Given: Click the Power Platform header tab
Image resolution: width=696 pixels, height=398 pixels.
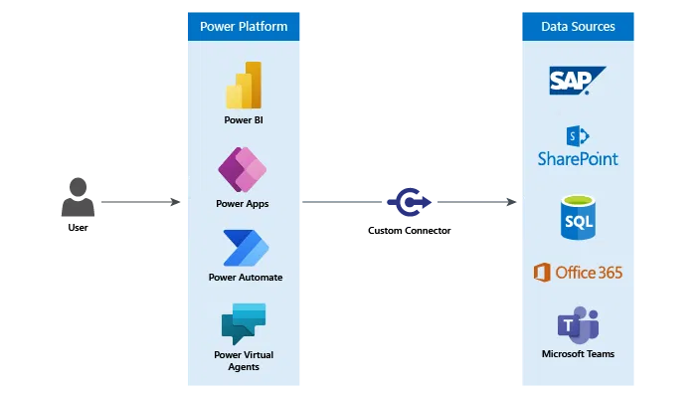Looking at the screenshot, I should click(x=244, y=27).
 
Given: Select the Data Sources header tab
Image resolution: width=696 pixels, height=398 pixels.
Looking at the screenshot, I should click(x=578, y=27).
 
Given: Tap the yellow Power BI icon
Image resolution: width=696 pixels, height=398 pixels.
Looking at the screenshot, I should click(x=244, y=86).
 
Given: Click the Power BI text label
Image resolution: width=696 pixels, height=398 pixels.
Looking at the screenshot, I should click(x=244, y=120).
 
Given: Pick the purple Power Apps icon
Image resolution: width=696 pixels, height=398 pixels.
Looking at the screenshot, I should click(x=243, y=170).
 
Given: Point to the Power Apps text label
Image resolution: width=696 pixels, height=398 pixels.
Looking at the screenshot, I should click(x=243, y=204).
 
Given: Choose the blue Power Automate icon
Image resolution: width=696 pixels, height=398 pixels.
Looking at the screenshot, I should click(x=245, y=248).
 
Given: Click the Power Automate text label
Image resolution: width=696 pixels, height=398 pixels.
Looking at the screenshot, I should click(x=245, y=278).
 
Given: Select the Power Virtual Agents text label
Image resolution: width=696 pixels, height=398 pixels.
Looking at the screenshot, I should click(x=244, y=360).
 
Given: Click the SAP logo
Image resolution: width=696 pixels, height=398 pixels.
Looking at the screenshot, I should click(x=578, y=81).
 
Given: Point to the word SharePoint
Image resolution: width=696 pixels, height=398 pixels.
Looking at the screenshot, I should click(x=578, y=159).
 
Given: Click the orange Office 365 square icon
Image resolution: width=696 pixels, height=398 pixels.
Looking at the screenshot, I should click(x=543, y=273).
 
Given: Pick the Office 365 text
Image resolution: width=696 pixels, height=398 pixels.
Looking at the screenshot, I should click(x=590, y=273).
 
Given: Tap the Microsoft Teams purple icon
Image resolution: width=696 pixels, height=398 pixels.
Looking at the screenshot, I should click(x=578, y=325).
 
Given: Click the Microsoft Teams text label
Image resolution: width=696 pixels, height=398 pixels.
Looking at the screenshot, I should click(x=578, y=354).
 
